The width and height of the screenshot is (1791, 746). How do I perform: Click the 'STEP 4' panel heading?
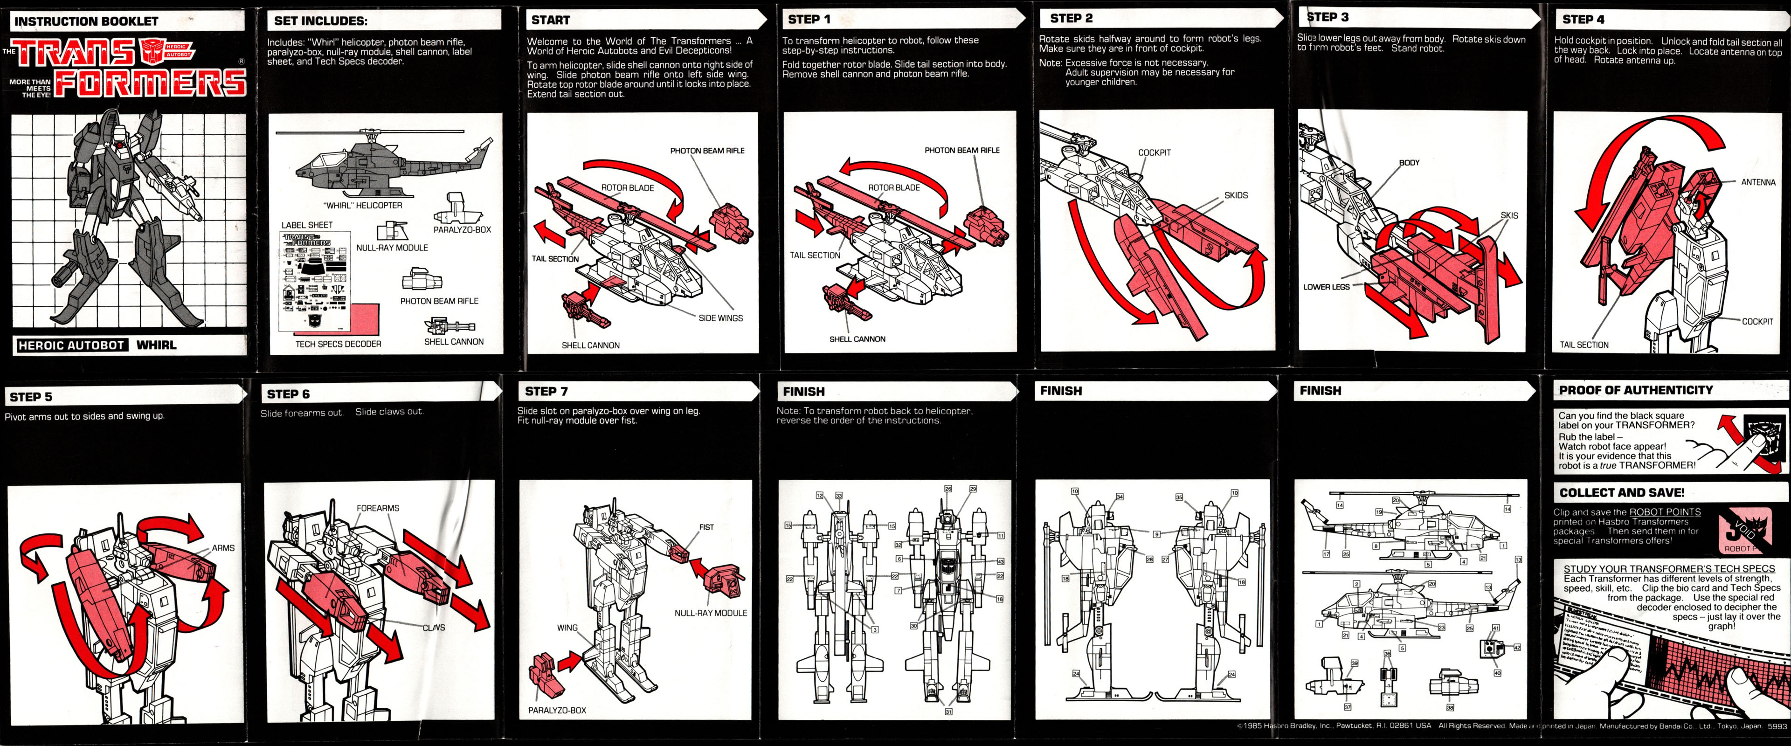click(x=1583, y=20)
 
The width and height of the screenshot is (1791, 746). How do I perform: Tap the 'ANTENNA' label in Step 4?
click(x=1757, y=182)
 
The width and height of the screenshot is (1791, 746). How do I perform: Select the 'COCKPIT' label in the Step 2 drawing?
click(x=1154, y=152)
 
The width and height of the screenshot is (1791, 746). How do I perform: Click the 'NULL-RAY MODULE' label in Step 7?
click(x=711, y=613)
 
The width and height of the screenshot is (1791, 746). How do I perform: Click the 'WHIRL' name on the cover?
click(x=156, y=345)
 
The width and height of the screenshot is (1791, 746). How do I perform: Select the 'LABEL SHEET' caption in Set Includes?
click(x=307, y=225)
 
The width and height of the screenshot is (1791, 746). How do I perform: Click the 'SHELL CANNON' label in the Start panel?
click(x=590, y=345)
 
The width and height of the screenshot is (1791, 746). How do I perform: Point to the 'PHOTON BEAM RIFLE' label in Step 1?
click(x=961, y=150)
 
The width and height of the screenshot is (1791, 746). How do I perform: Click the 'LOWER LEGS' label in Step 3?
click(x=1326, y=286)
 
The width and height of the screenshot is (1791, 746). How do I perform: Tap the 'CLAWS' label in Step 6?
click(x=434, y=627)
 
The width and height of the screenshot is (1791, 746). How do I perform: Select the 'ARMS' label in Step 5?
click(x=223, y=548)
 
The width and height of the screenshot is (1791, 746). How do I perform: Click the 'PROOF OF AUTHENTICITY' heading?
click(x=1636, y=390)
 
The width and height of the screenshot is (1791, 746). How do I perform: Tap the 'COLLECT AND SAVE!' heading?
click(x=1621, y=493)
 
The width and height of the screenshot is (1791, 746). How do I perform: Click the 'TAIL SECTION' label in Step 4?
click(x=1584, y=345)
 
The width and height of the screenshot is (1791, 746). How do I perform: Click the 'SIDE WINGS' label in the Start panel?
click(x=720, y=318)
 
